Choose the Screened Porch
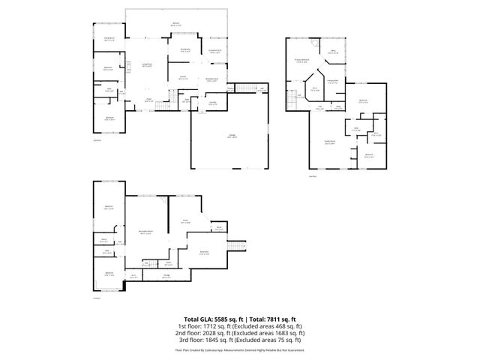(x=215, y=52)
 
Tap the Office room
(x=334, y=52)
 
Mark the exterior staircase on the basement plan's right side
(x=238, y=247)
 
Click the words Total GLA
(x=192, y=319)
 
